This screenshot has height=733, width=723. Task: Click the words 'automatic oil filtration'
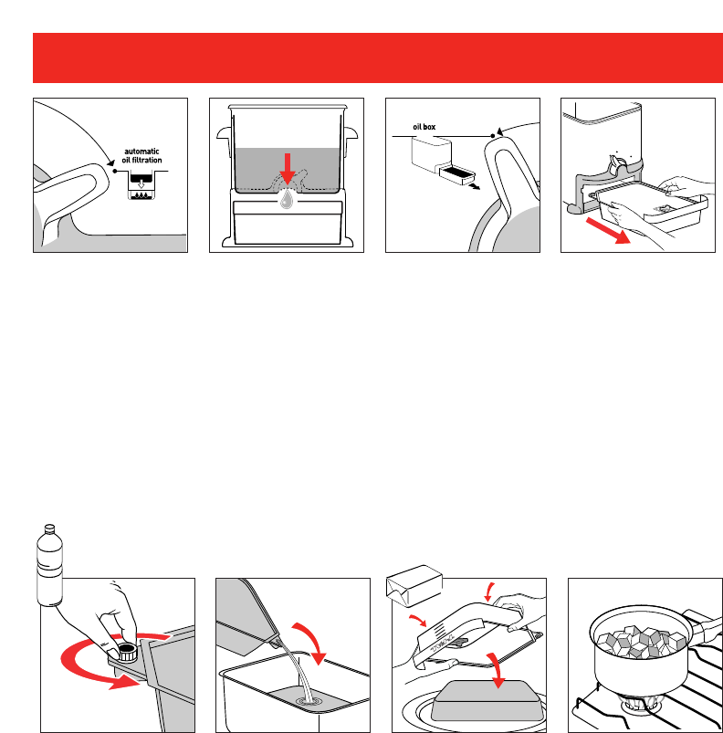click(x=141, y=156)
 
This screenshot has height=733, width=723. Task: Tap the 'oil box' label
click(x=424, y=127)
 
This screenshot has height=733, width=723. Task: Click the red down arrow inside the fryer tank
click(x=287, y=168)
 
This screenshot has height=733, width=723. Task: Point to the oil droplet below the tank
click(x=287, y=199)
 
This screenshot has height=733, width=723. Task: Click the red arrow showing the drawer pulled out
click(x=608, y=230)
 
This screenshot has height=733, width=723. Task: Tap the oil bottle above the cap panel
click(x=49, y=565)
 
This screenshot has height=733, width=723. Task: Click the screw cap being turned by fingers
click(x=126, y=652)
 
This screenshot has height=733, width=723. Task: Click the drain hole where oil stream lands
click(x=309, y=701)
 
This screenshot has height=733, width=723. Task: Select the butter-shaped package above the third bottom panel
click(x=414, y=585)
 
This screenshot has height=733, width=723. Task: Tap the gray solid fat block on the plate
click(x=487, y=700)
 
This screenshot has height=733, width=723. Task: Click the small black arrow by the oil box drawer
click(x=475, y=186)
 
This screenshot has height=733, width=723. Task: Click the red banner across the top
click(x=378, y=58)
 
